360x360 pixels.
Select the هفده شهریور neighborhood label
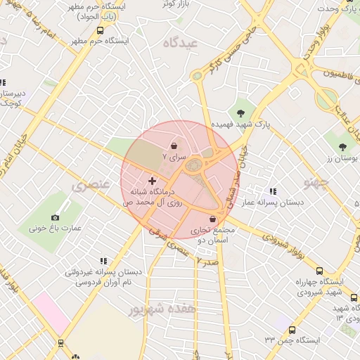164,308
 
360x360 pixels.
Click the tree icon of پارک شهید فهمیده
241,112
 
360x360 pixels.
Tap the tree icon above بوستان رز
342,148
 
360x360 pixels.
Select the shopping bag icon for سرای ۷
174,146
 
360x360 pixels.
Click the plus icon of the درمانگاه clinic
152,181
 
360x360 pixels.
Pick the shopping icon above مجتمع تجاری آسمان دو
212,219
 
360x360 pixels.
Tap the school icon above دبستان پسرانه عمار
273,191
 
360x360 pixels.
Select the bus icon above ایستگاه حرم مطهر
101,30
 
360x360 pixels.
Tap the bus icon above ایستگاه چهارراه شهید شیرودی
320,271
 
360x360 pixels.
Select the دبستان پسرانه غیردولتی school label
103,271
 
